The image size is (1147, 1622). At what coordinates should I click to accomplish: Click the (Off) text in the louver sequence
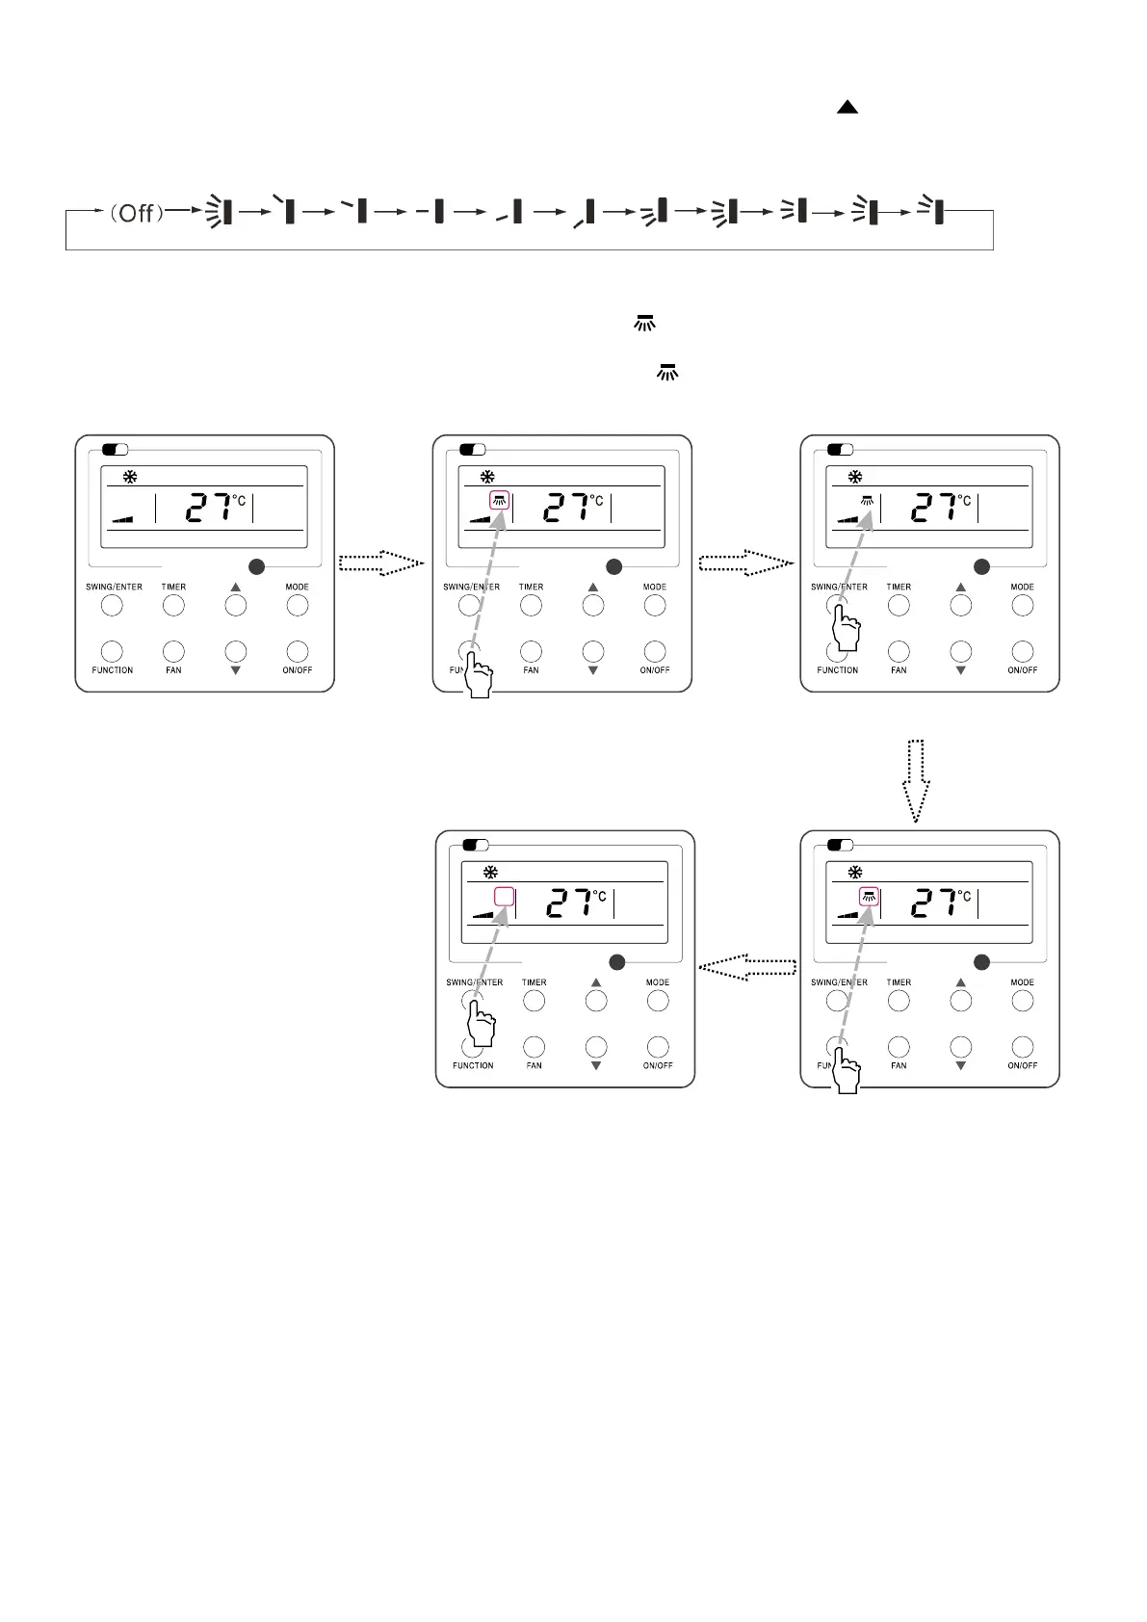click(x=136, y=212)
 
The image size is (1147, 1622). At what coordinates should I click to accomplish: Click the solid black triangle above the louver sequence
click(x=847, y=107)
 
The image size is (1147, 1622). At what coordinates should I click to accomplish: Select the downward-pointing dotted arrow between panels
click(x=916, y=780)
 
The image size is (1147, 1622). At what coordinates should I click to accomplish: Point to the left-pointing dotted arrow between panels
click(x=747, y=967)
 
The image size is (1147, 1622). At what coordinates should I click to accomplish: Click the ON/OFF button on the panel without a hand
click(x=298, y=652)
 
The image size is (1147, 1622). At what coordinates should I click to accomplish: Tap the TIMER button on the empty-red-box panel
click(x=534, y=1001)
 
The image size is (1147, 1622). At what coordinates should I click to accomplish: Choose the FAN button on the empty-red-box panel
click(x=534, y=1047)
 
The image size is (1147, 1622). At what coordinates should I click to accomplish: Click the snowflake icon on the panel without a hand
click(x=130, y=477)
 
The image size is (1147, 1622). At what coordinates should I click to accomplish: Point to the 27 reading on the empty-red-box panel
click(x=568, y=903)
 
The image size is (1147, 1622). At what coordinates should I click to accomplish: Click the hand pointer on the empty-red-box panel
click(x=482, y=1022)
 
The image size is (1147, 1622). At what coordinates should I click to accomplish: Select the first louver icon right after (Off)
click(x=222, y=211)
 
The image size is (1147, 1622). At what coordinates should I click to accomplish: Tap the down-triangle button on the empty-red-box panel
click(x=596, y=1048)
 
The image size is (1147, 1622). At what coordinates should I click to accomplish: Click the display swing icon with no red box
click(x=868, y=501)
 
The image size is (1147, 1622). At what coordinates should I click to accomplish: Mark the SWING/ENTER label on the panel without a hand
click(x=114, y=587)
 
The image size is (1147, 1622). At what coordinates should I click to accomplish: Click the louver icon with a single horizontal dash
click(x=433, y=211)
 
